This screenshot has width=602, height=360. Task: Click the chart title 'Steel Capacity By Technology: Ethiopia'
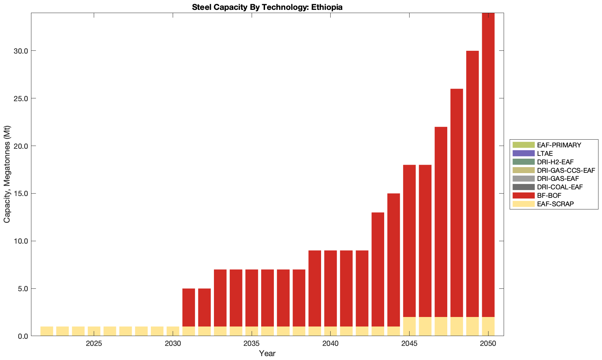tap(267, 7)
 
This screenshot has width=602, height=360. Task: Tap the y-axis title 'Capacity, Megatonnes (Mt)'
tap(7, 174)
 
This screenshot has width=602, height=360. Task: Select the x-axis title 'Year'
tap(267, 353)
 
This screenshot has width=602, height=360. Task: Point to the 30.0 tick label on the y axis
tap(21, 51)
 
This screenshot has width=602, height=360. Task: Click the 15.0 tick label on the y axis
tap(21, 194)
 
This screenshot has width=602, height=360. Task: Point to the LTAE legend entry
tap(545, 153)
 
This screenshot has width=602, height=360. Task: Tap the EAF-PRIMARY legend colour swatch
tap(523, 145)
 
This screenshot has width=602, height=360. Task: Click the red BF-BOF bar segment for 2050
tap(488, 165)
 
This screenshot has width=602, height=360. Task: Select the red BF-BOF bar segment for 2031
tap(189, 307)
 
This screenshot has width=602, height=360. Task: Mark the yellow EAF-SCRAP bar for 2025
tap(94, 331)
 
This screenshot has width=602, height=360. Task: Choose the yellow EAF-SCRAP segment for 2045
tap(409, 327)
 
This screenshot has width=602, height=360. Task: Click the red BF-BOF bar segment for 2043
tap(378, 269)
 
